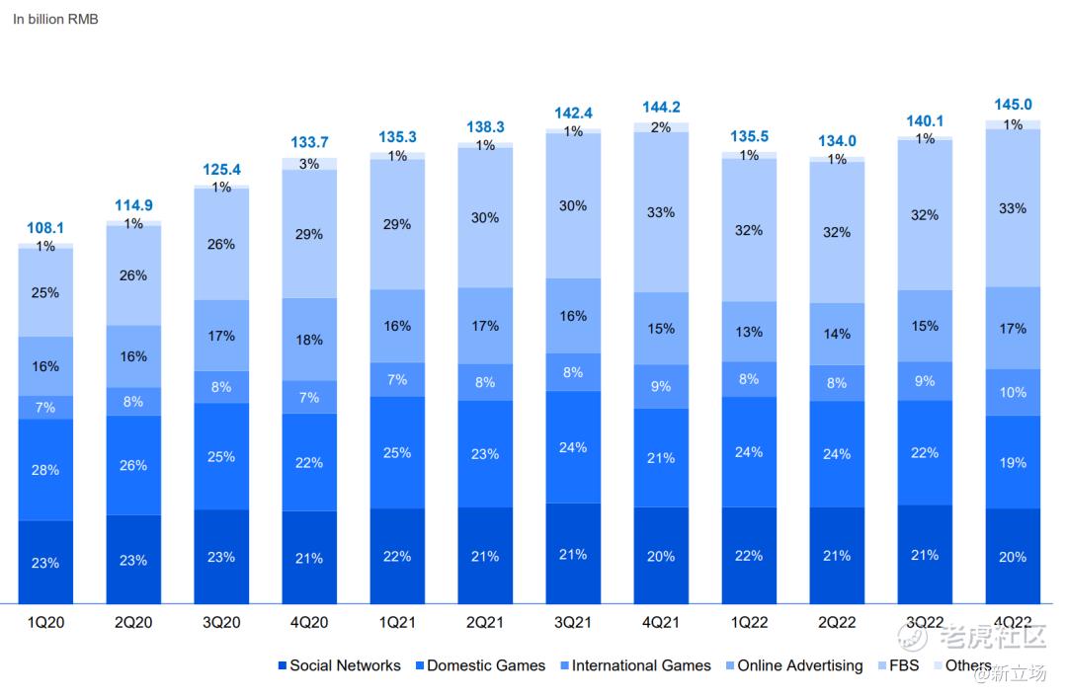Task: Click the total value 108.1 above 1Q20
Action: [x=45, y=229]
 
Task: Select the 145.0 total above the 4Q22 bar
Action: [x=1013, y=105]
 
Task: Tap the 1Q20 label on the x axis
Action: [x=45, y=623]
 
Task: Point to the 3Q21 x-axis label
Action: [x=573, y=623]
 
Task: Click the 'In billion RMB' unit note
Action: [x=55, y=19]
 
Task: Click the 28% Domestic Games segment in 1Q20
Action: [x=45, y=470]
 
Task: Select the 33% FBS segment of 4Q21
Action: [x=661, y=212]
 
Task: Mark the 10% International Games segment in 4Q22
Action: [x=1013, y=392]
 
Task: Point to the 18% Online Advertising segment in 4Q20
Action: [x=309, y=340]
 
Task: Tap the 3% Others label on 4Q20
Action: [x=309, y=164]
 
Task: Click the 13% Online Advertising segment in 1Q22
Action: [x=749, y=332]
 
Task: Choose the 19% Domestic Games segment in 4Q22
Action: [x=1013, y=462]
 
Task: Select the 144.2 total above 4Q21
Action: [x=661, y=107]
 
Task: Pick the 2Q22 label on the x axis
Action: [x=837, y=623]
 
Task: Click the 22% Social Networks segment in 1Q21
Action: [x=397, y=556]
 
